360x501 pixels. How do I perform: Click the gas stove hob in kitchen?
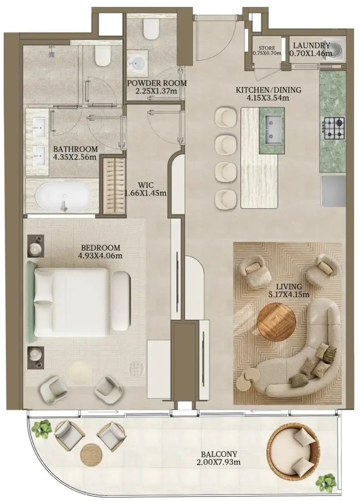pyautogui.click(x=335, y=128)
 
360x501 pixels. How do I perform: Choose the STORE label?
pyautogui.click(x=267, y=48)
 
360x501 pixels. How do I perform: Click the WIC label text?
pyautogui.click(x=146, y=185)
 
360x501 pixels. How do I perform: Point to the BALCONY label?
pyautogui.click(x=219, y=454)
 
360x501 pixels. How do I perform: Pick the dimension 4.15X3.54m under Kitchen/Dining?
pyautogui.click(x=268, y=98)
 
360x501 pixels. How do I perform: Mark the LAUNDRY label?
pyautogui.click(x=311, y=46)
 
